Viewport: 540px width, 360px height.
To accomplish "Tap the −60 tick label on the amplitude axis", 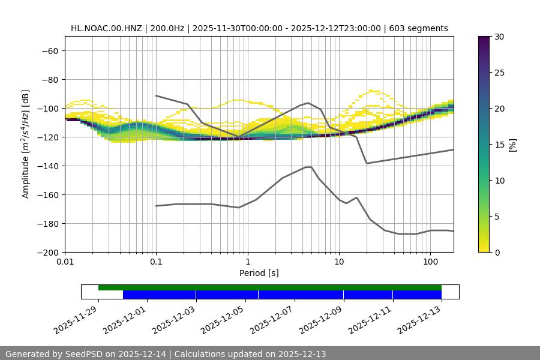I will [49, 50].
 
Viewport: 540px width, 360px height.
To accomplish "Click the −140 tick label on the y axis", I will [47, 166].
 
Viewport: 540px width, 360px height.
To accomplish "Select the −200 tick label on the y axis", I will [47, 252].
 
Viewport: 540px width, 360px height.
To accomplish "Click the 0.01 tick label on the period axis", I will [65, 262].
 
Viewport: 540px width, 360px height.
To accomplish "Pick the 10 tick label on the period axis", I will [339, 262].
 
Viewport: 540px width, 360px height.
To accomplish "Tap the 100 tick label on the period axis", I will [430, 262].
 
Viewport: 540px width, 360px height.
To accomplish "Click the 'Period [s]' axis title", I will [259, 273].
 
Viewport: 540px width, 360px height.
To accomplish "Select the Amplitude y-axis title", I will [26, 144].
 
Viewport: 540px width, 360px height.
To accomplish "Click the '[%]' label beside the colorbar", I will [512, 145].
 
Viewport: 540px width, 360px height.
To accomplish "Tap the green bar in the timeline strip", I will [270, 287].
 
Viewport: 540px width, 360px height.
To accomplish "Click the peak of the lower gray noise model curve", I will [308, 167].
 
